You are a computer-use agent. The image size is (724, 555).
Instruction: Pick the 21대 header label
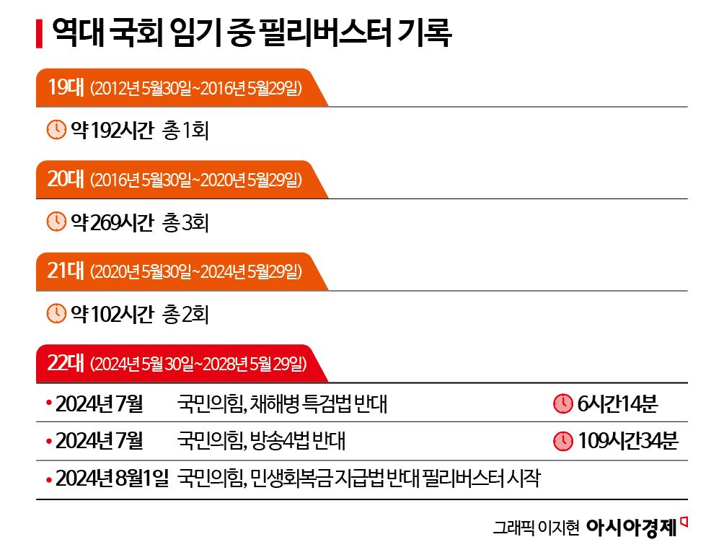(65, 271)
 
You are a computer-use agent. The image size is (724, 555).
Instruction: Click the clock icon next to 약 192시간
(56, 131)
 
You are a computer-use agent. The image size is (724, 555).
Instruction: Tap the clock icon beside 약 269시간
(56, 222)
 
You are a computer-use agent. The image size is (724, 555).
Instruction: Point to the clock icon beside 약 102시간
(56, 314)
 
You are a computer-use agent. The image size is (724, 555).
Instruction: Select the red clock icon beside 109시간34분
(562, 440)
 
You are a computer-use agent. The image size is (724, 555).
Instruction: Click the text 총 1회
(186, 131)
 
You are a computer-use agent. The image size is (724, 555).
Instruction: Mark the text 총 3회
(186, 222)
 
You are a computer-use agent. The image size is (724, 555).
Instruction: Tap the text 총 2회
(186, 314)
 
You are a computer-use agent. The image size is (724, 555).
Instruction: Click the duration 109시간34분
(627, 440)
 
